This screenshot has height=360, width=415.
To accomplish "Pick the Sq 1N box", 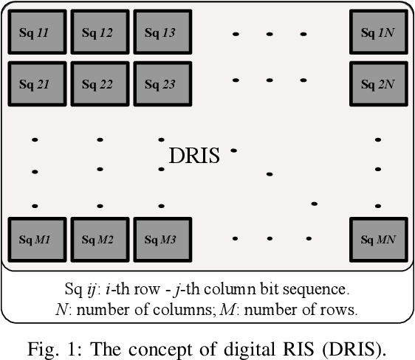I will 377,32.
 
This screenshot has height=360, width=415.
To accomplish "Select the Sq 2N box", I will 377,83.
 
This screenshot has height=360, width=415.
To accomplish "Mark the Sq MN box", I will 377,239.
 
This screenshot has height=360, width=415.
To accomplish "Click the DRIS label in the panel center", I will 194,156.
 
